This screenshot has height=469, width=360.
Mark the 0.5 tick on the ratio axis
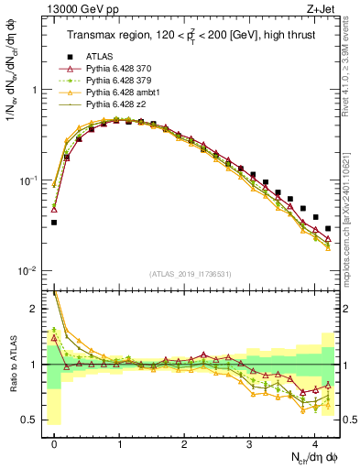click(33, 420)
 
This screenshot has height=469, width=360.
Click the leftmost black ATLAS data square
click(54, 223)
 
